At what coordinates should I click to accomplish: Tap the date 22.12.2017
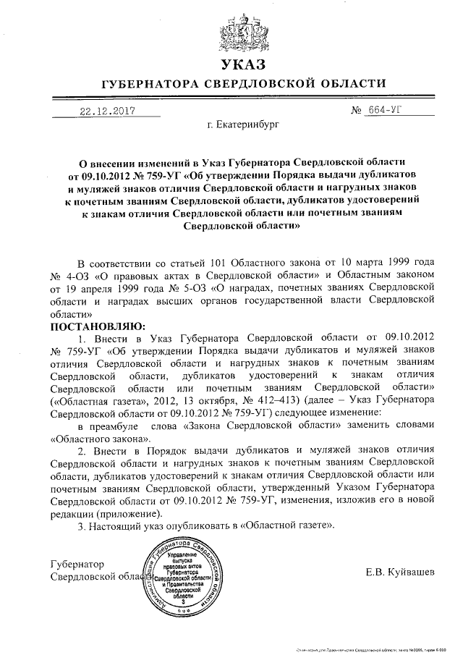[108, 111]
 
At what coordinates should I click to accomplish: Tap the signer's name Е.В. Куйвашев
[401, 572]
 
